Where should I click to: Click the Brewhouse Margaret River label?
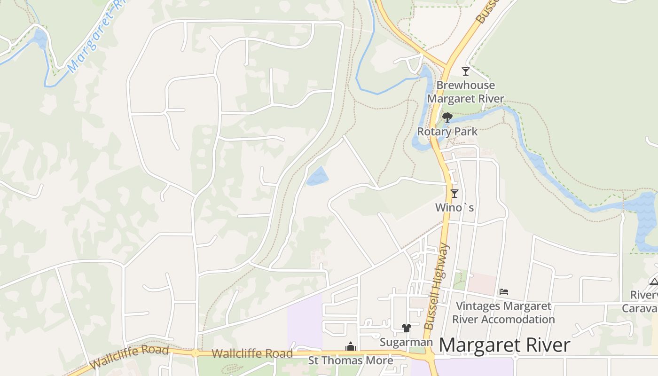click(465, 92)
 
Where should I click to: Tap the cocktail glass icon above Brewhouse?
click(466, 71)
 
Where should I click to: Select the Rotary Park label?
click(447, 132)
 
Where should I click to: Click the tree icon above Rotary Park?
click(447, 117)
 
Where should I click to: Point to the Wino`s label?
click(454, 207)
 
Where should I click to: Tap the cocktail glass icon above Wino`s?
click(454, 193)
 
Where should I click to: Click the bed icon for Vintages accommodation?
click(504, 292)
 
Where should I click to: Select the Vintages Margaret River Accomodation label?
click(503, 313)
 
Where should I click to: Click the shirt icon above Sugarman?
click(407, 328)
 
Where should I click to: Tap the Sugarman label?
click(406, 342)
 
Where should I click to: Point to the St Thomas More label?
click(351, 360)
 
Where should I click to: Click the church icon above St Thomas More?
click(351, 347)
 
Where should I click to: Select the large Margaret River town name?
click(504, 345)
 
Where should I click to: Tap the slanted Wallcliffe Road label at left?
click(129, 357)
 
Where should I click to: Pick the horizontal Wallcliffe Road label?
click(252, 353)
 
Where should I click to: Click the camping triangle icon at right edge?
click(654, 282)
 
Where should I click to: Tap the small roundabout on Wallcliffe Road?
click(195, 353)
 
